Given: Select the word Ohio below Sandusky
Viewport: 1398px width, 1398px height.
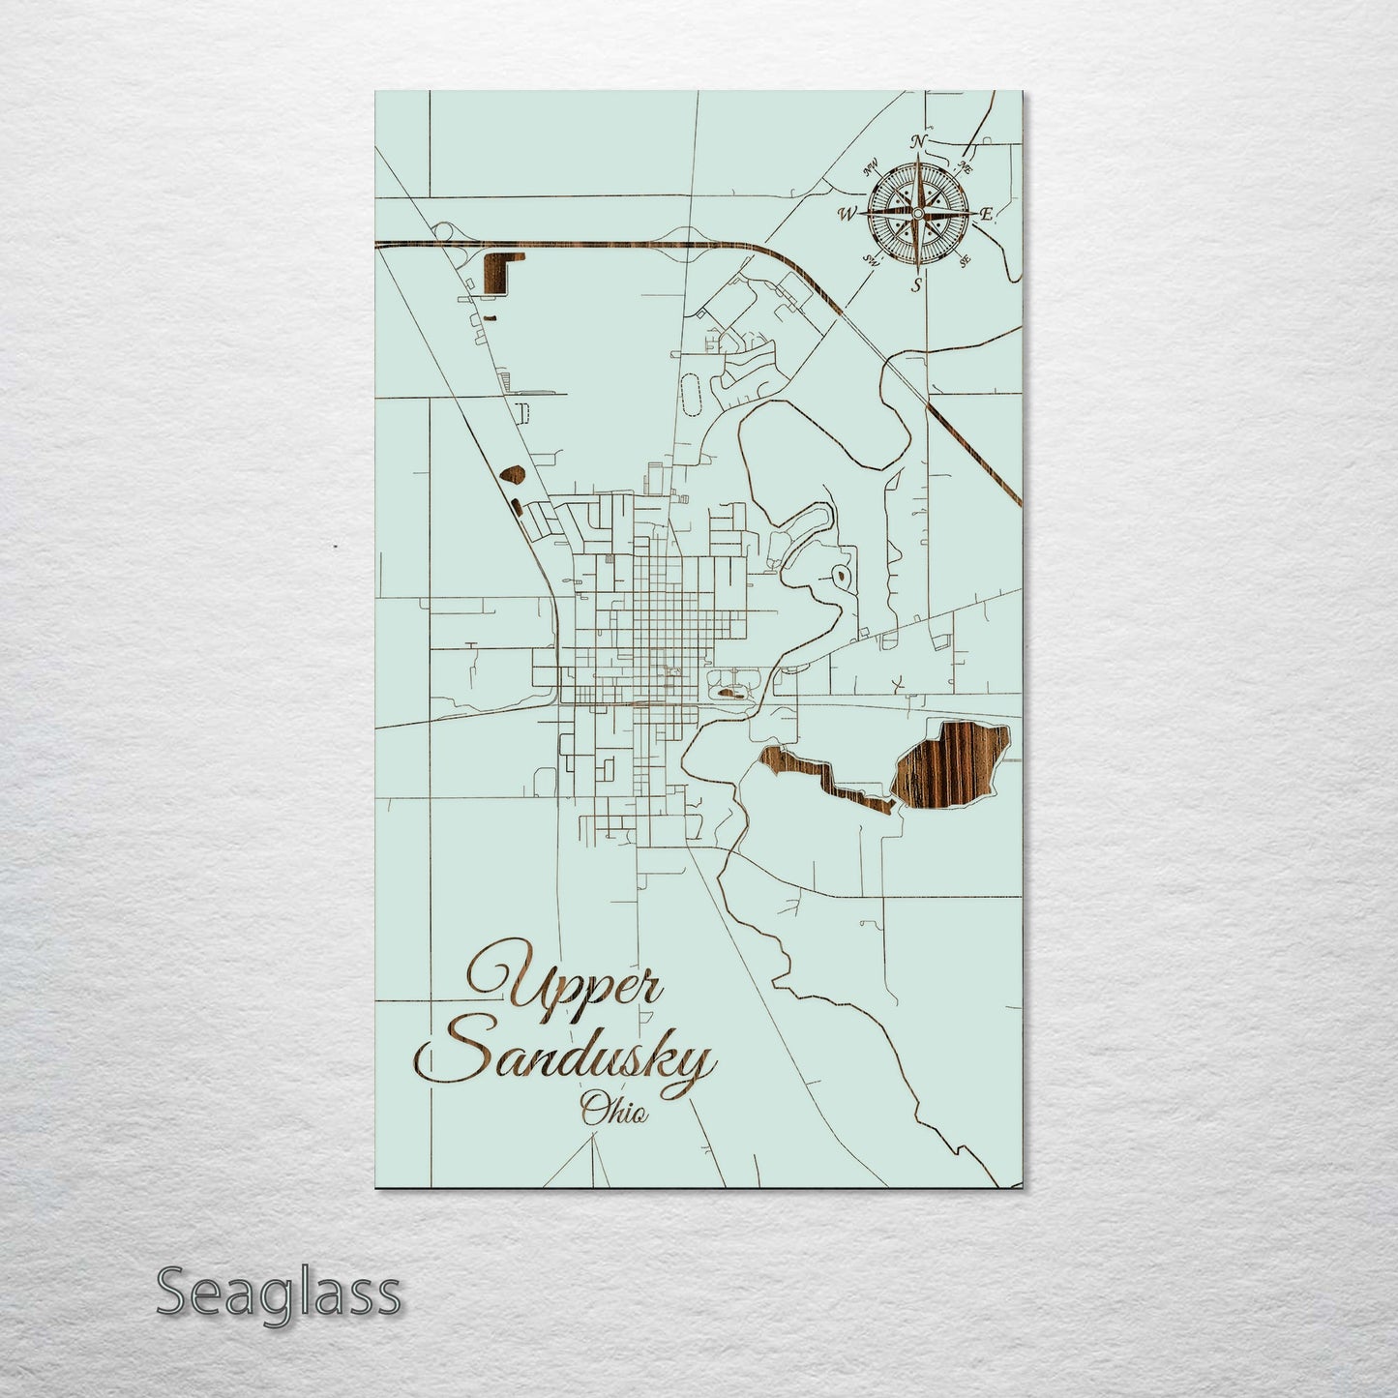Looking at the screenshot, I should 613,1112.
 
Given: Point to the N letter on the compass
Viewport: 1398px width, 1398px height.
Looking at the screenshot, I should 919,142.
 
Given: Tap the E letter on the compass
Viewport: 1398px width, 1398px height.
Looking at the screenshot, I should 987,214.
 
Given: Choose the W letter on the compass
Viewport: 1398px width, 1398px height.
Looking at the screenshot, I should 847,213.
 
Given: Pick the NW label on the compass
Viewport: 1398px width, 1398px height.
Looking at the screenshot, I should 870,164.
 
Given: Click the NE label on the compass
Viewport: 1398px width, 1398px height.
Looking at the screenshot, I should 965,165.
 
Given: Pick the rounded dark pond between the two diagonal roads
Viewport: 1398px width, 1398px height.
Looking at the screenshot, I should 514,474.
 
